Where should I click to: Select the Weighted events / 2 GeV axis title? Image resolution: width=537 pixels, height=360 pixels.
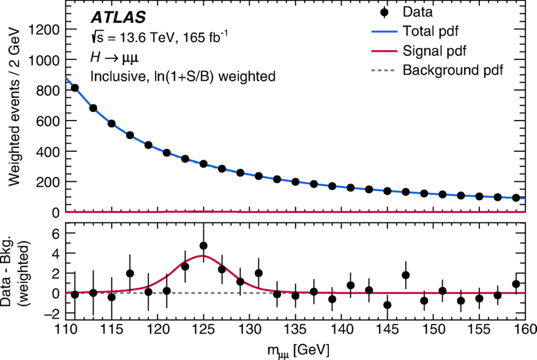15,107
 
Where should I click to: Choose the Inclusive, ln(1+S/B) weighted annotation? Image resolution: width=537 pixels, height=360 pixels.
182,77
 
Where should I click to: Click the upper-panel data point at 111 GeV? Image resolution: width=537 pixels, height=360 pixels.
75,88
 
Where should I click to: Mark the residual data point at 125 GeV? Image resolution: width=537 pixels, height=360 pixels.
203,246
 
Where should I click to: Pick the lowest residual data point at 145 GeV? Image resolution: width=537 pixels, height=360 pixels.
387,305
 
